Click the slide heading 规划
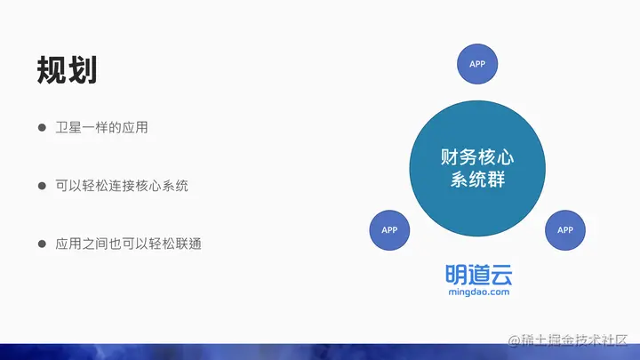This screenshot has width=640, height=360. pos(67,70)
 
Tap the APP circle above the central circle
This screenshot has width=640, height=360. pos(477,64)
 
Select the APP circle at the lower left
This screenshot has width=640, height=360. pos(389,230)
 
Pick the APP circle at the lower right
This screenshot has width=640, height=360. pos(565,230)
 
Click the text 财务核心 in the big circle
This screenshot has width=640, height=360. pos(477,157)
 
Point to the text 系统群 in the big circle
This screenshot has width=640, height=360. pos(477,180)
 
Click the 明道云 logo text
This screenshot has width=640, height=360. pos(479,275)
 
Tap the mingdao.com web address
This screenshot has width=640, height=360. pos(479,292)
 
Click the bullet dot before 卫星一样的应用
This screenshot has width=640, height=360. pos(42,128)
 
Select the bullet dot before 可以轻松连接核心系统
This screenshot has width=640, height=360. pos(42,186)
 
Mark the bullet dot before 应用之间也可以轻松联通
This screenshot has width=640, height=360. pos(42,244)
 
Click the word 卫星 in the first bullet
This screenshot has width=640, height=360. pos(68,128)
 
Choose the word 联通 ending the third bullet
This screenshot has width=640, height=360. pos(188,244)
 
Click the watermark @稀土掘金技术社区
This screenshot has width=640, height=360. pos(568,340)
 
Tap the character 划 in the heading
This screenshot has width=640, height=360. pos(83,70)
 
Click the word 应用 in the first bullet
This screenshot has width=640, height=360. pos(135,128)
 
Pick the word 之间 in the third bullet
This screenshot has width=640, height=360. pos(95,244)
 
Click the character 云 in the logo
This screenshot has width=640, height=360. pos(501,275)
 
